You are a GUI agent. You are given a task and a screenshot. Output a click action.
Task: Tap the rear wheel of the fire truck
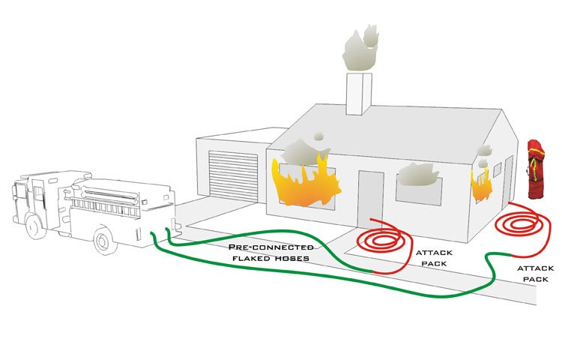tap(104, 240)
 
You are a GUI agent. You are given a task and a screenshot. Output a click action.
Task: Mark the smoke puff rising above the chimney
tap(360, 45)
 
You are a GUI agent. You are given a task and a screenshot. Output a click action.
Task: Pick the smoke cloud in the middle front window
tap(418, 175)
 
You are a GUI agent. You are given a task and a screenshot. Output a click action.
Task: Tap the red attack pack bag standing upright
tap(535, 169)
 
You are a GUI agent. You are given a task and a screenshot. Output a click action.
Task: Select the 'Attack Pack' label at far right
tap(536, 273)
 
